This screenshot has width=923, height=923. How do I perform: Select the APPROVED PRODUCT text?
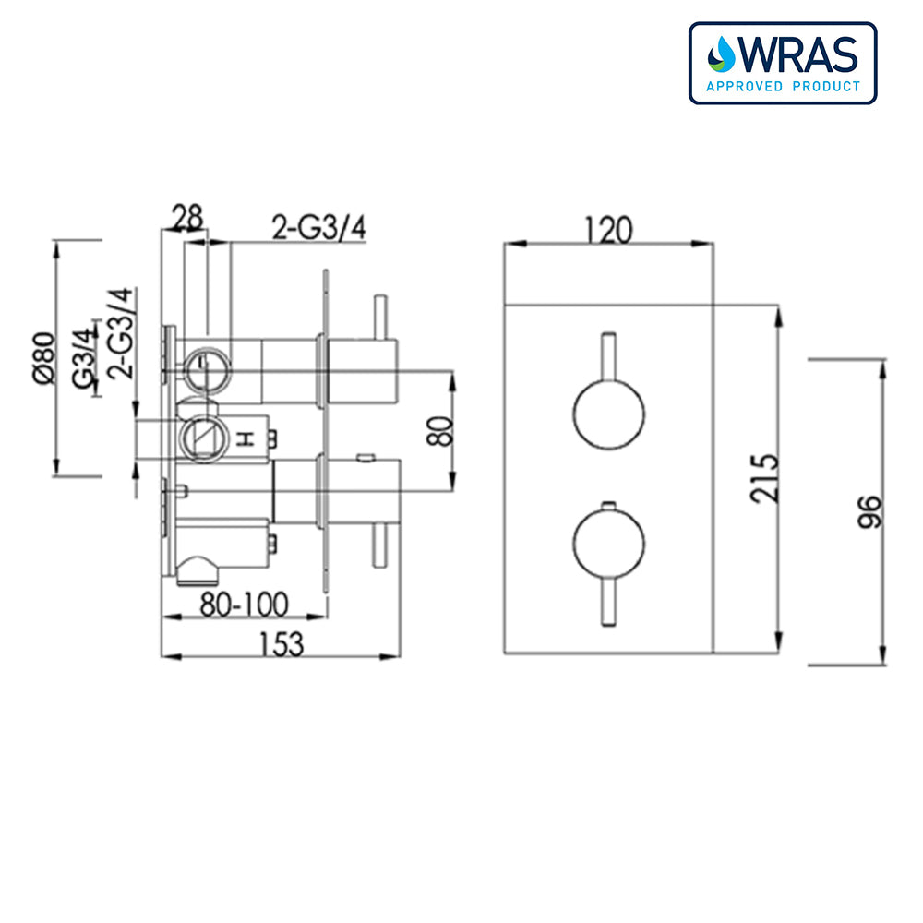pyautogui.click(x=783, y=87)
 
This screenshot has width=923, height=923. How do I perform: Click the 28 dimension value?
pyautogui.click(x=187, y=218)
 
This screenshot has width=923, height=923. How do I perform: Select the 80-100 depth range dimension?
pyautogui.click(x=245, y=605)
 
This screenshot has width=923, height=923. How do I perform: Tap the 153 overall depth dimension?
pyautogui.click(x=281, y=642)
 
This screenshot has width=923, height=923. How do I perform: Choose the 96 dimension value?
pyautogui.click(x=869, y=509)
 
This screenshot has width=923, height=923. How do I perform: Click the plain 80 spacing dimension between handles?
pyautogui.click(x=444, y=431)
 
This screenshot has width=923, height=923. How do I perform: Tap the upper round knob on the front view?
pyautogui.click(x=607, y=414)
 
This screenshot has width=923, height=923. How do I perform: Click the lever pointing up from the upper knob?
pyautogui.click(x=607, y=355)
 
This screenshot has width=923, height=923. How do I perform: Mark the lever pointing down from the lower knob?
pyautogui.click(x=607, y=602)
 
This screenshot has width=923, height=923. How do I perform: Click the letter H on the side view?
pyautogui.click(x=245, y=439)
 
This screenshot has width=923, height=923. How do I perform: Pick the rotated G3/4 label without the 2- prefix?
pyautogui.click(x=87, y=362)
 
